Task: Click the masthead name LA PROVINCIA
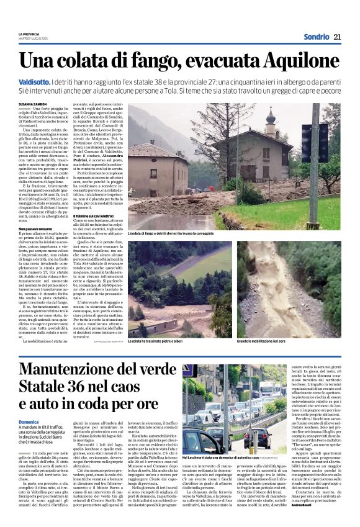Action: (x=29, y=34)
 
